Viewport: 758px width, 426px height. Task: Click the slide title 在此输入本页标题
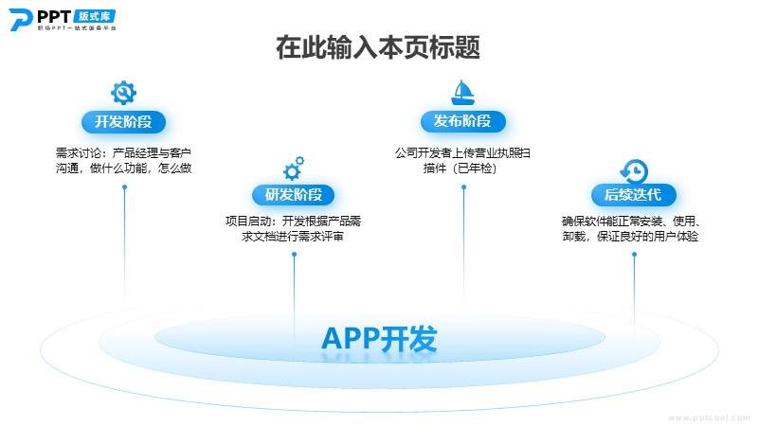point(378,47)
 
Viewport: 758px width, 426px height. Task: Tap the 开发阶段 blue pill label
point(123,122)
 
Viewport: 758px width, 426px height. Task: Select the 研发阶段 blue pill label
point(294,195)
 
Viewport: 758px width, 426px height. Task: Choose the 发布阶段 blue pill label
point(462,121)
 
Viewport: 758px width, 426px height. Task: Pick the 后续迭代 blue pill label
point(633,195)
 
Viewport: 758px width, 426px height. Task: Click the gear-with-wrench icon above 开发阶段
point(123,92)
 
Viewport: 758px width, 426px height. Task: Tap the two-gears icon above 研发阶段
point(294,169)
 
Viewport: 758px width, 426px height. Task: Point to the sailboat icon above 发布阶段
point(462,92)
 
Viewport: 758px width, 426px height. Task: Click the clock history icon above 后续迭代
point(634,171)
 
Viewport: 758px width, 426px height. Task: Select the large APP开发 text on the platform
point(379,339)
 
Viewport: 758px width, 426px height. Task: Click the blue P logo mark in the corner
point(20,19)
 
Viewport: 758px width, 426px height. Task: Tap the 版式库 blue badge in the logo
point(95,16)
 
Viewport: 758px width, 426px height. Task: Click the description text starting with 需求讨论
point(124,160)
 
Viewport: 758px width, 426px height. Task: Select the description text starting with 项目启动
point(294,228)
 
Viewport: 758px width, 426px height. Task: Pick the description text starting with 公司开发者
point(462,160)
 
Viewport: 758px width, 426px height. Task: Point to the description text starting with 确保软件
point(631,228)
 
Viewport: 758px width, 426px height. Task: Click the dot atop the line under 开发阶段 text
point(124,186)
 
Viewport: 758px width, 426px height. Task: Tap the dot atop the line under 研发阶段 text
point(294,255)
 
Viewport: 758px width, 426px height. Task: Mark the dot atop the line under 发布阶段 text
point(463,186)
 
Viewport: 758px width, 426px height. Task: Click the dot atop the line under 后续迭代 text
point(634,255)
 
